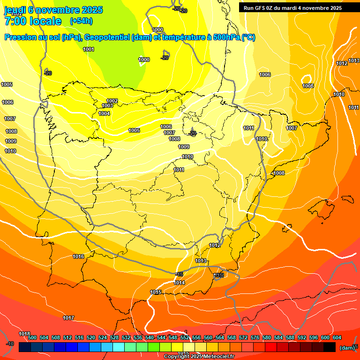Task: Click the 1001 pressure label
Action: (x=88, y=49)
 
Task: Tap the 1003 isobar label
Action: (x=107, y=106)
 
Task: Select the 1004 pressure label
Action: (x=104, y=113)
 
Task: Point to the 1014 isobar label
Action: (x=179, y=283)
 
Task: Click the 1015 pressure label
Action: (x=156, y=292)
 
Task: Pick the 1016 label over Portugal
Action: (x=78, y=256)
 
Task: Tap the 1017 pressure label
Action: (x=68, y=318)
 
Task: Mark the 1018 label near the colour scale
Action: (x=24, y=334)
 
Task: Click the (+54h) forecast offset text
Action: (x=81, y=21)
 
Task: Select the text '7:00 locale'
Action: (x=33, y=21)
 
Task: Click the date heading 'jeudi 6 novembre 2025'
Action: (x=53, y=10)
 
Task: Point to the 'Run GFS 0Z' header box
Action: (x=292, y=7)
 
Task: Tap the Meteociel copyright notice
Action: (x=199, y=356)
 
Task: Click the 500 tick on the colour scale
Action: (x=32, y=337)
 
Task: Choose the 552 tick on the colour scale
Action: (x=185, y=337)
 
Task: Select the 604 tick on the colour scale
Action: (x=337, y=337)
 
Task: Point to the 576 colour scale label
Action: (x=255, y=337)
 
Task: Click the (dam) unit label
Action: (x=347, y=348)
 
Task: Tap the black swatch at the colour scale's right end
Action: (x=330, y=347)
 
